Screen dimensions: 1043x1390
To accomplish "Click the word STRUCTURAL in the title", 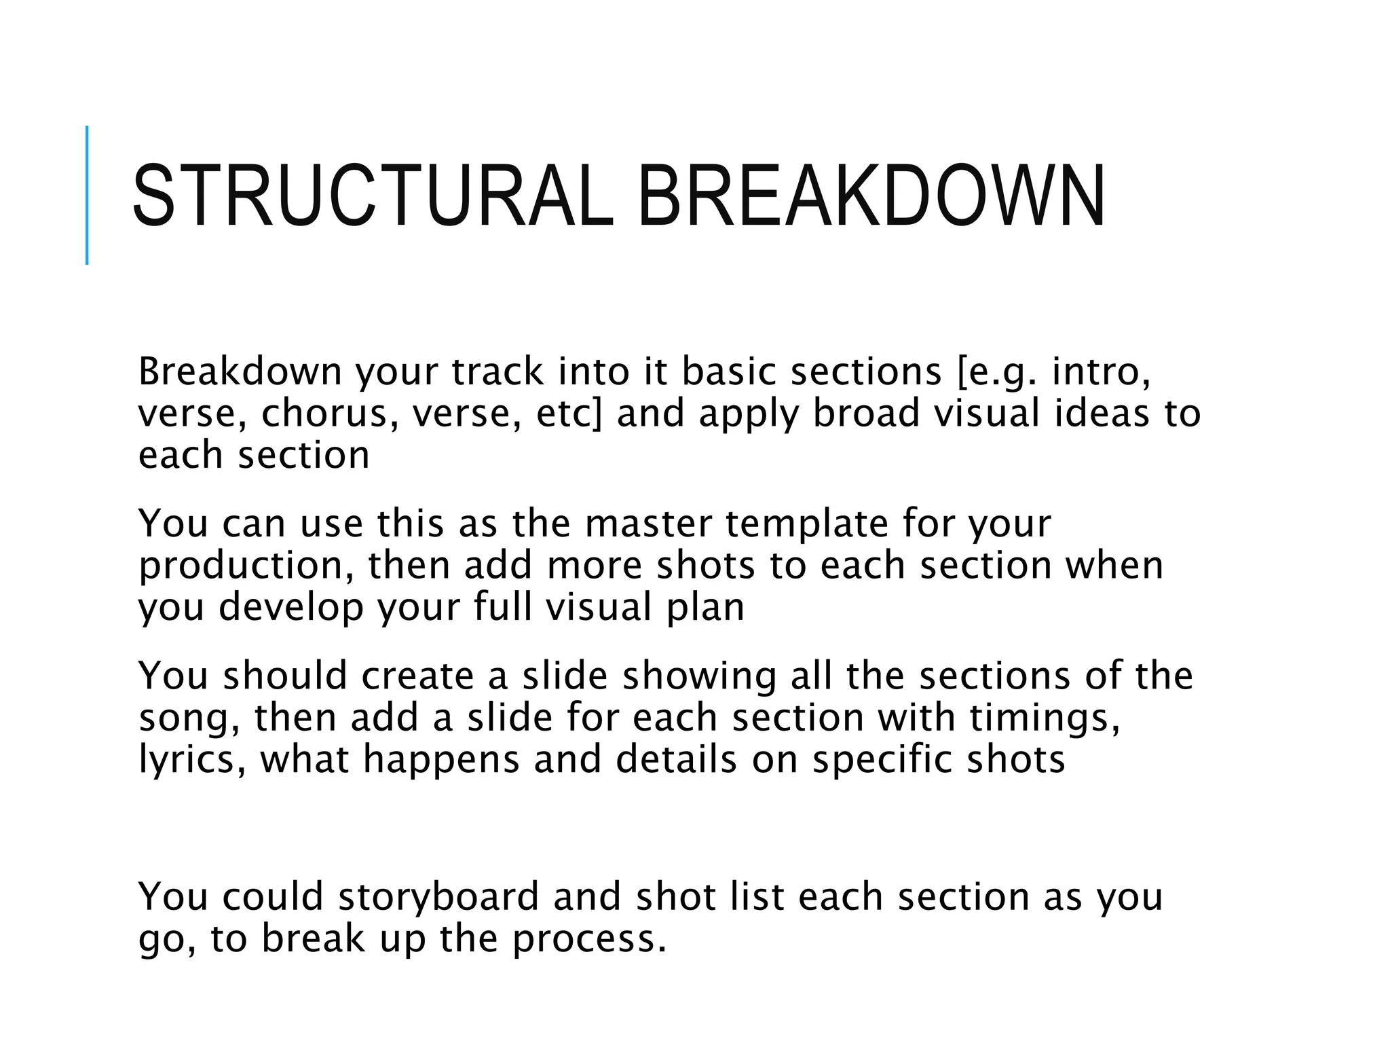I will tap(373, 196).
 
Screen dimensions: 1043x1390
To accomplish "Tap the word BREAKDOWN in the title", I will tap(871, 196).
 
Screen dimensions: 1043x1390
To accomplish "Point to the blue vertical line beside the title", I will tap(87, 196).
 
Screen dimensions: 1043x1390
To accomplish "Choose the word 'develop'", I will tap(291, 608).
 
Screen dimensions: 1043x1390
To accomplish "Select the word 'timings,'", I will tap(1045, 718).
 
